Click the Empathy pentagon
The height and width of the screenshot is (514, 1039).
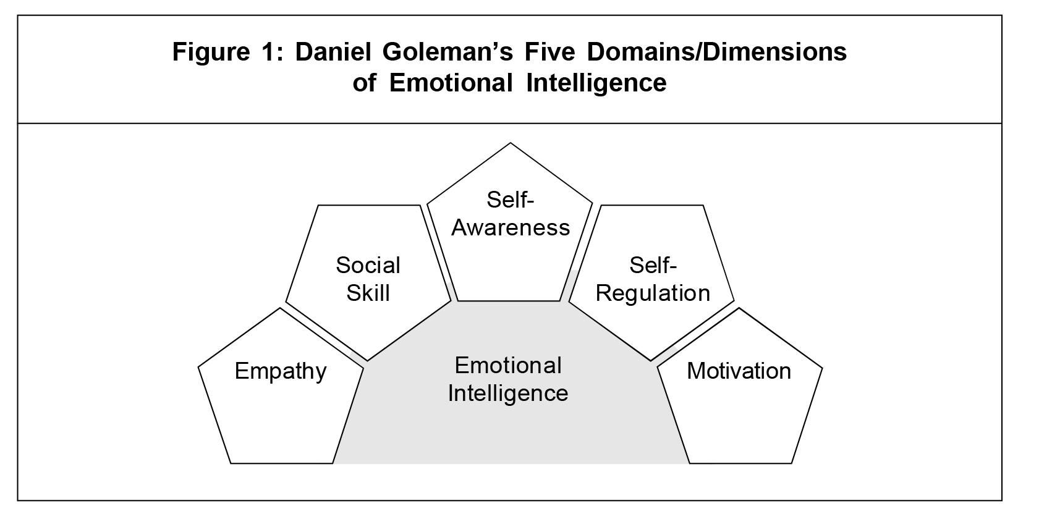point(281,395)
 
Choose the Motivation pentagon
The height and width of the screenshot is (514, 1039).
point(739,395)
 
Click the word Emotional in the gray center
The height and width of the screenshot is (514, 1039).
point(508,366)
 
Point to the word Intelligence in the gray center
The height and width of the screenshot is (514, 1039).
point(508,394)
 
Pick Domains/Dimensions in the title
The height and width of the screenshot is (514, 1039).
point(717,52)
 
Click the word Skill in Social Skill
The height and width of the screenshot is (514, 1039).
point(368,293)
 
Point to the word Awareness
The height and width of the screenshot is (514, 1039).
point(511,228)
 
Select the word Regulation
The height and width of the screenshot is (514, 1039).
point(653,293)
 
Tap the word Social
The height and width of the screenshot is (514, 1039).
point(368,266)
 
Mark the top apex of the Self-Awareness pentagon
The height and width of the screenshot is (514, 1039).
point(510,144)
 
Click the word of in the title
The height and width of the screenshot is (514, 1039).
point(365,83)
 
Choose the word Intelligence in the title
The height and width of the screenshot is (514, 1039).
point(596,83)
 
